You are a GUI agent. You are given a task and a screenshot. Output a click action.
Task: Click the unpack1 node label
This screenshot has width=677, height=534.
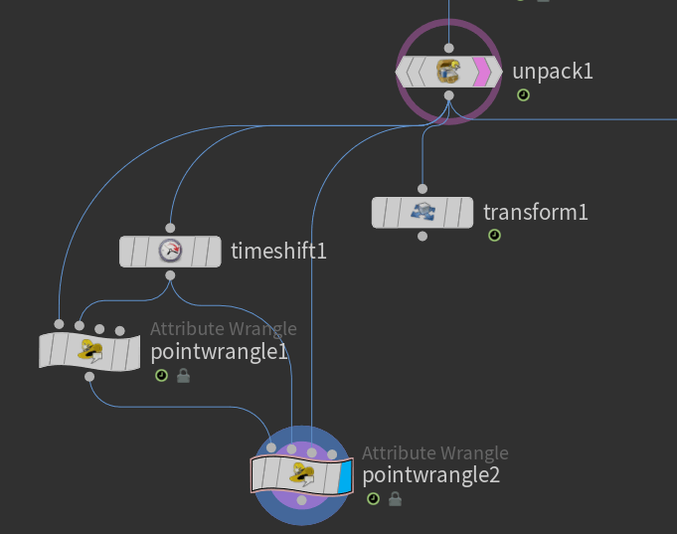[552, 72]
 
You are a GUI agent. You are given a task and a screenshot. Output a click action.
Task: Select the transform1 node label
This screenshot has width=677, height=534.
[535, 212]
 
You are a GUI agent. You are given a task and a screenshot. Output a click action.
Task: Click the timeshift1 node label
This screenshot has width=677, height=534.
[278, 251]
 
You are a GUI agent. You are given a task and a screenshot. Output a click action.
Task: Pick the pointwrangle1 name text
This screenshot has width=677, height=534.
[218, 352]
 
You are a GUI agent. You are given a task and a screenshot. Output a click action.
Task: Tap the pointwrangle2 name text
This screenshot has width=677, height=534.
[430, 475]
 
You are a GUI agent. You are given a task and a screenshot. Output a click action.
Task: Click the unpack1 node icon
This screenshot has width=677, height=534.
[448, 72]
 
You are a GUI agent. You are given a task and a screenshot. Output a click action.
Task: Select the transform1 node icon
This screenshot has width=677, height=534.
[423, 212]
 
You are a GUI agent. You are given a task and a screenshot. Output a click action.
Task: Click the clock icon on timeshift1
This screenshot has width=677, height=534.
[170, 251]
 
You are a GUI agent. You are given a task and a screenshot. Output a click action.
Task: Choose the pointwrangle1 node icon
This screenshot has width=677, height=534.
[90, 350]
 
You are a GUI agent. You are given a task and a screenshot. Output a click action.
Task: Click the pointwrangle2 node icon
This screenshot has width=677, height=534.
[301, 474]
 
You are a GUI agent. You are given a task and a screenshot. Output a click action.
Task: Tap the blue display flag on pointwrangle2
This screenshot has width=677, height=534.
[345, 476]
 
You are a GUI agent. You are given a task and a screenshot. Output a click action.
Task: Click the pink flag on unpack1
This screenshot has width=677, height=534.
[481, 72]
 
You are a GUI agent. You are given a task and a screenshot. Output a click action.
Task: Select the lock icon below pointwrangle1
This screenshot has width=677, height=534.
[183, 376]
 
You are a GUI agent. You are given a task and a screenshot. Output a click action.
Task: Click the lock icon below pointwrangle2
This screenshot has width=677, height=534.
[395, 498]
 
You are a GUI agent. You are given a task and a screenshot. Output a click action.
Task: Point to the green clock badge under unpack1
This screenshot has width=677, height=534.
[523, 95]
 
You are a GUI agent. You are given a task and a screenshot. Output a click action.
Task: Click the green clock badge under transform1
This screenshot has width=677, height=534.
[494, 236]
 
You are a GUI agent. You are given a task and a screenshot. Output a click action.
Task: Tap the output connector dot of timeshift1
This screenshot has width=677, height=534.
[170, 275]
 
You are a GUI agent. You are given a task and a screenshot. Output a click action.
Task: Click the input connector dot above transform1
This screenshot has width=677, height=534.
[423, 188]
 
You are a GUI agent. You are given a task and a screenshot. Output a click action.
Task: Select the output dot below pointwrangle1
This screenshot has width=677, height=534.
[90, 376]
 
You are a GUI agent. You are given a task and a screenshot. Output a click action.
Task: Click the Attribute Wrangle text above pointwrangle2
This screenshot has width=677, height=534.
[434, 453]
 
